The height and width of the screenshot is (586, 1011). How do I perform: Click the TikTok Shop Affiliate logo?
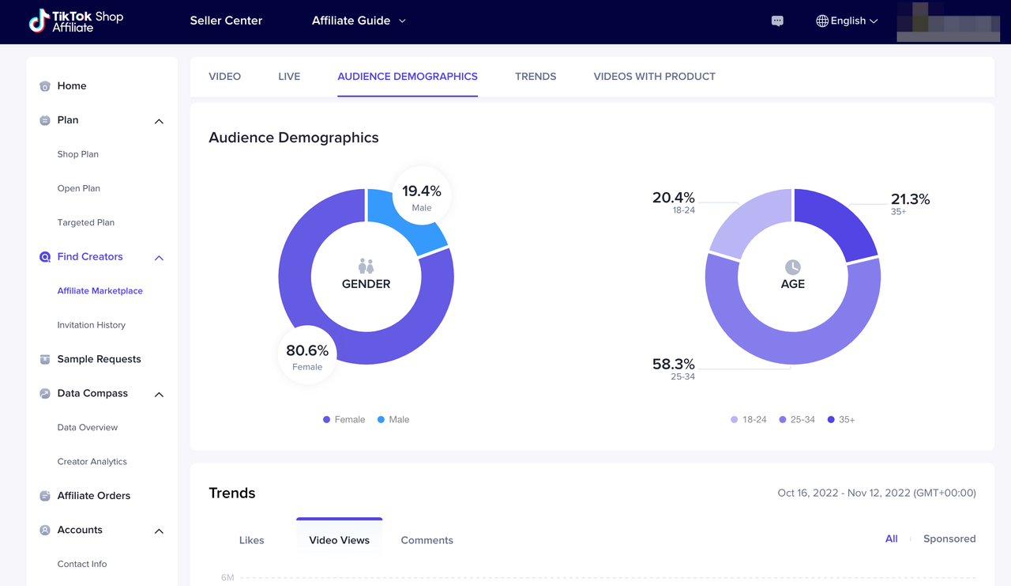tap(76, 21)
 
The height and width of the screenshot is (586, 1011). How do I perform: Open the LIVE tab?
tap(289, 77)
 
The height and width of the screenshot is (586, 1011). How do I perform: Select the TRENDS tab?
tap(536, 77)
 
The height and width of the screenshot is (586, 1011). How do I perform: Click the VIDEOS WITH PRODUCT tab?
tap(654, 77)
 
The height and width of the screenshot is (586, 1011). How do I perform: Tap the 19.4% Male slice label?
tap(422, 196)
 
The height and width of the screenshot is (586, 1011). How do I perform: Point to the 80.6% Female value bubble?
tap(307, 355)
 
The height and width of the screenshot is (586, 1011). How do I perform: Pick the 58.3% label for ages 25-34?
tap(674, 368)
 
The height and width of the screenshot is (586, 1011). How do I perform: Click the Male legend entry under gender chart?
tap(393, 420)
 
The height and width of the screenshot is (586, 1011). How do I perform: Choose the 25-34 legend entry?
tap(797, 420)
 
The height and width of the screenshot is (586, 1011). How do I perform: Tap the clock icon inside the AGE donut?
tap(792, 267)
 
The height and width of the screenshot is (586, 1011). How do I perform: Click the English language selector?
tap(847, 21)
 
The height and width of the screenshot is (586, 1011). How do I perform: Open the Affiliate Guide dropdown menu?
tap(359, 21)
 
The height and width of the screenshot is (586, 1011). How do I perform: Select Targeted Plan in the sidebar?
tap(86, 223)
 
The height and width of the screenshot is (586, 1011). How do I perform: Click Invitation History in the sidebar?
tap(92, 325)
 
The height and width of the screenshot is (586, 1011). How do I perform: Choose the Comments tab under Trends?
tap(427, 541)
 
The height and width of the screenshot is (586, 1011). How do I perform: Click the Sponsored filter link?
tap(949, 539)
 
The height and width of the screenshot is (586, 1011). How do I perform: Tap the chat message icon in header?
tap(777, 21)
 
